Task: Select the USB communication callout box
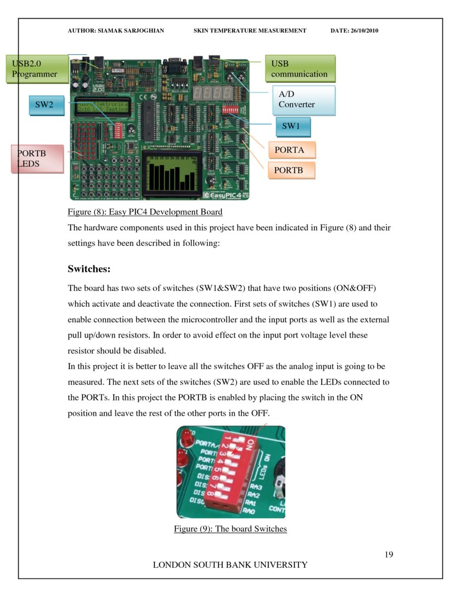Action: coord(299,68)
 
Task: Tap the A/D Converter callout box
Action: coord(303,100)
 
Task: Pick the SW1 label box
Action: coord(293,126)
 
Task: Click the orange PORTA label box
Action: coord(291,150)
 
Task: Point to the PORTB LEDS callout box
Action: coord(37,158)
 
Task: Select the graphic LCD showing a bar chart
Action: coord(172,174)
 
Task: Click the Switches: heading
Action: coord(89,269)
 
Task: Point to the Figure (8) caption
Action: coord(145,212)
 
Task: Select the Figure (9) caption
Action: coord(230,529)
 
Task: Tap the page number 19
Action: coord(388,555)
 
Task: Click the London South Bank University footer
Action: coord(230,565)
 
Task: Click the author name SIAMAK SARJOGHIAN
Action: coord(116,31)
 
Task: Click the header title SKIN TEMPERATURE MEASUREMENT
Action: coord(249,31)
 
